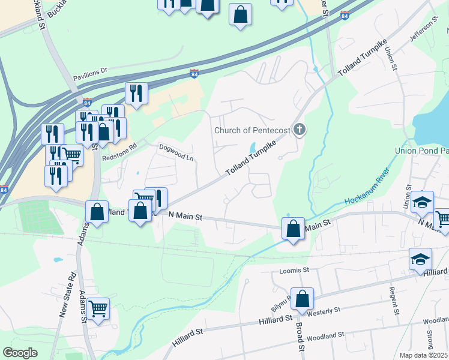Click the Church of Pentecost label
252,130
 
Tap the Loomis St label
294,271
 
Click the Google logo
20,353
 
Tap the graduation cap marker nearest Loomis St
421,259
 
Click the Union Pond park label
421,151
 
